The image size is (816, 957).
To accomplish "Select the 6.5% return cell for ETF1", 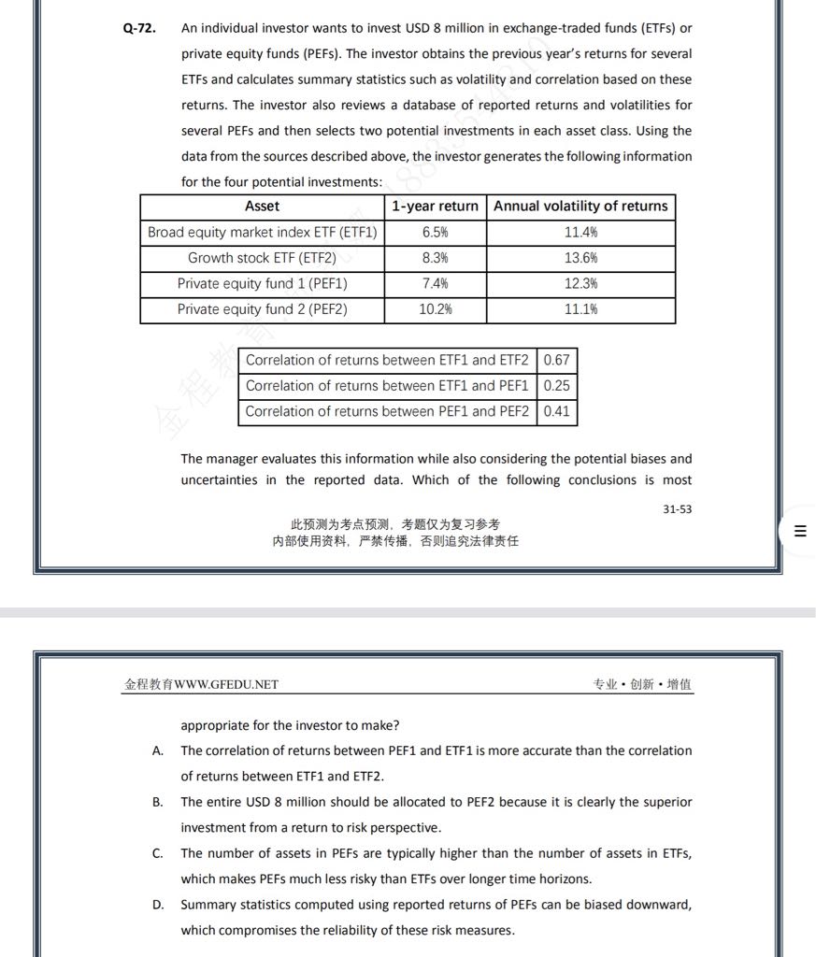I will click(435, 232).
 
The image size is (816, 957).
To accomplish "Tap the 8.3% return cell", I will click(435, 258).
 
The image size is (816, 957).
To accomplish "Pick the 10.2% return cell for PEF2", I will click(435, 309).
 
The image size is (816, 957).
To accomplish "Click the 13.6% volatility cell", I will click(580, 258).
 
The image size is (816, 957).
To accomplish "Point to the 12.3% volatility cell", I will click(580, 283).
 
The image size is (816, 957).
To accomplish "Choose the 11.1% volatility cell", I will click(580, 309).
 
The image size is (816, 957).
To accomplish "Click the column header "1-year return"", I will click(435, 207).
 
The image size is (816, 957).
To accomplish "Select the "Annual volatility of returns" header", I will click(580, 207).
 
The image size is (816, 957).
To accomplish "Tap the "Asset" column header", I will click(262, 207).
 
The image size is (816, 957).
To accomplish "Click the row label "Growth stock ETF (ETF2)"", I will click(262, 258).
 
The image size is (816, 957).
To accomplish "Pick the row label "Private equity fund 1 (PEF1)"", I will click(262, 283).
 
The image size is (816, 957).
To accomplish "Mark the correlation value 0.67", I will click(556, 360).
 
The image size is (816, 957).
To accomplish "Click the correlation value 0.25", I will click(556, 385).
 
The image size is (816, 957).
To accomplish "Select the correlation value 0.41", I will click(556, 411).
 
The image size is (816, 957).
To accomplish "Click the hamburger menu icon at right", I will click(799, 532).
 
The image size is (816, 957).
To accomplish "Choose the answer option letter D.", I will click(158, 905).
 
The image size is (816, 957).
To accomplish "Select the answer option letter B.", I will click(158, 802).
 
